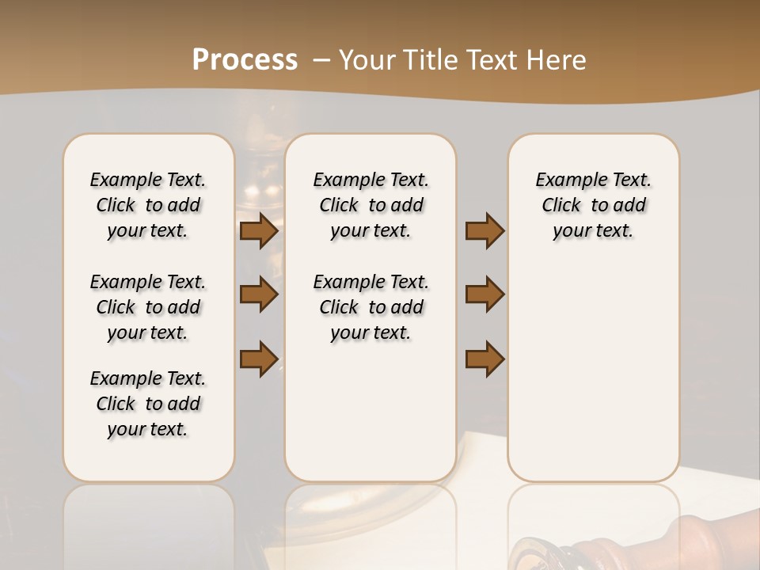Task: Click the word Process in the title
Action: (245, 59)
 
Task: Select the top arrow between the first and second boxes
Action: (259, 230)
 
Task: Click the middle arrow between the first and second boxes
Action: (259, 294)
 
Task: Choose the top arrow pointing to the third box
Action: (484, 230)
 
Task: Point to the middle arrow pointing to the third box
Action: (484, 294)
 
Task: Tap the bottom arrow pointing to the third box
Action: (484, 359)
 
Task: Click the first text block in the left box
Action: (148, 205)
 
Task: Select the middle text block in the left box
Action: (148, 307)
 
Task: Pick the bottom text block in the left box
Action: (148, 404)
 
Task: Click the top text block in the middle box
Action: (370, 205)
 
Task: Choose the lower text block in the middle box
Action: (370, 307)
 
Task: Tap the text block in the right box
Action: (593, 205)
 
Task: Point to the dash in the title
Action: (321, 60)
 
